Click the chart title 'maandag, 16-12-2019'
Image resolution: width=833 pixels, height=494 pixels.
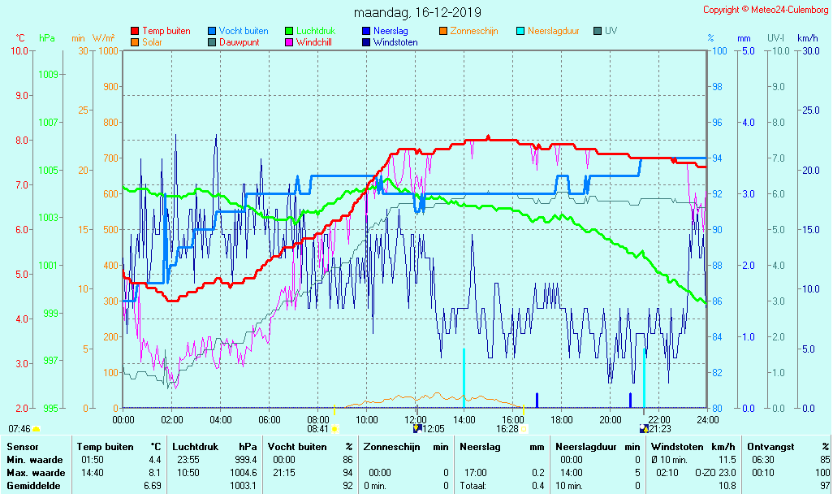pos(417,13)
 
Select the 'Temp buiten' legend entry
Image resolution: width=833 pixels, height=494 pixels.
pos(166,31)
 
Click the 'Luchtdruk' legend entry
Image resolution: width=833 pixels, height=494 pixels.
pos(317,31)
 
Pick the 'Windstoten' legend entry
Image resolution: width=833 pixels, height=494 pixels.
pos(395,42)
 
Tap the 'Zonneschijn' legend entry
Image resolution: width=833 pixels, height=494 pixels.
pos(473,31)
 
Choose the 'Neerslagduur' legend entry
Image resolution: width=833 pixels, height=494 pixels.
pos(553,31)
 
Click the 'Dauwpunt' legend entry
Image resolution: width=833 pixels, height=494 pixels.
pos(239,42)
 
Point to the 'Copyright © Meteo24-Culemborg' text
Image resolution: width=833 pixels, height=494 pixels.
pos(766,10)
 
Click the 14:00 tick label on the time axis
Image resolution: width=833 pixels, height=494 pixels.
pos(464,419)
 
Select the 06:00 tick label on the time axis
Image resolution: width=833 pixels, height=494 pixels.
pos(270,419)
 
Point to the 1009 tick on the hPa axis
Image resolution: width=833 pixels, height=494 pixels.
pos(48,74)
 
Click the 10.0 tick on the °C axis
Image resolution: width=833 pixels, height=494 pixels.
pos(19,50)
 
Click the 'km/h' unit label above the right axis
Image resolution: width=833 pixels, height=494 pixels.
pos(807,38)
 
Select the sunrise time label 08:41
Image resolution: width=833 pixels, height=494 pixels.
pos(317,428)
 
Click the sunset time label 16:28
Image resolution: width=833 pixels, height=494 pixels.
pos(507,428)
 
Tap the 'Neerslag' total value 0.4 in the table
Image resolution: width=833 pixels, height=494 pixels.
pos(538,486)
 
